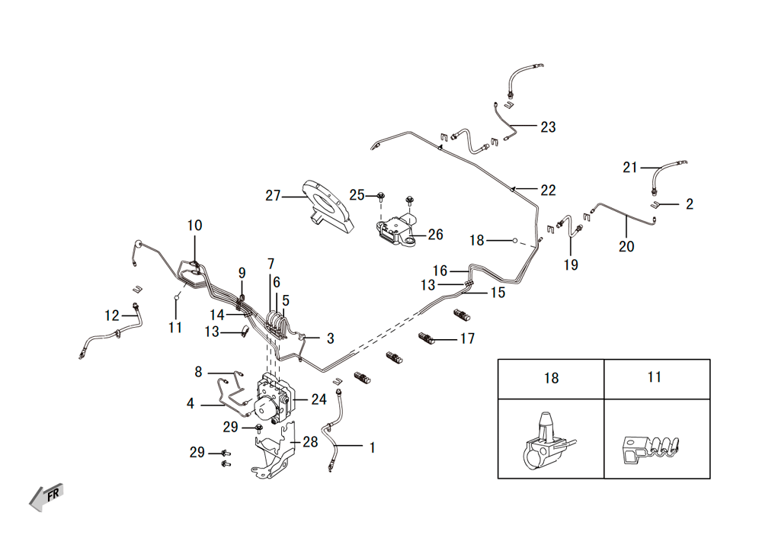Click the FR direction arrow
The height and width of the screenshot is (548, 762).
(x=46, y=497)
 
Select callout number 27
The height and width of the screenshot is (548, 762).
(x=273, y=195)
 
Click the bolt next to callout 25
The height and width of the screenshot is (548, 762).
(x=381, y=197)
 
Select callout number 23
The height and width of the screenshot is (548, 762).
(x=548, y=127)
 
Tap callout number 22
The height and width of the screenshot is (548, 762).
(x=548, y=190)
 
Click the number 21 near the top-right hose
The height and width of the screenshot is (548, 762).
(x=630, y=167)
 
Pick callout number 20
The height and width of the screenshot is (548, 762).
(x=626, y=246)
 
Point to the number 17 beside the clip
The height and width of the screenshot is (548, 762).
(x=467, y=338)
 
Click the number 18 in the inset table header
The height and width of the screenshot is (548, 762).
(x=551, y=378)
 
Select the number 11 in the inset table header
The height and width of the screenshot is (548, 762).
(x=654, y=377)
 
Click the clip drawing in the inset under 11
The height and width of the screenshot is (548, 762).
(x=651, y=450)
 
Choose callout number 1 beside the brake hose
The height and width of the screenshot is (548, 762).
(x=373, y=447)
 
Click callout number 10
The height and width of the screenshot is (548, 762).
(x=194, y=226)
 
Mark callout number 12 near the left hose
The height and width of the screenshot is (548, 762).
(x=112, y=316)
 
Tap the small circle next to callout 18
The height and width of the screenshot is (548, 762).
(x=514, y=240)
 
